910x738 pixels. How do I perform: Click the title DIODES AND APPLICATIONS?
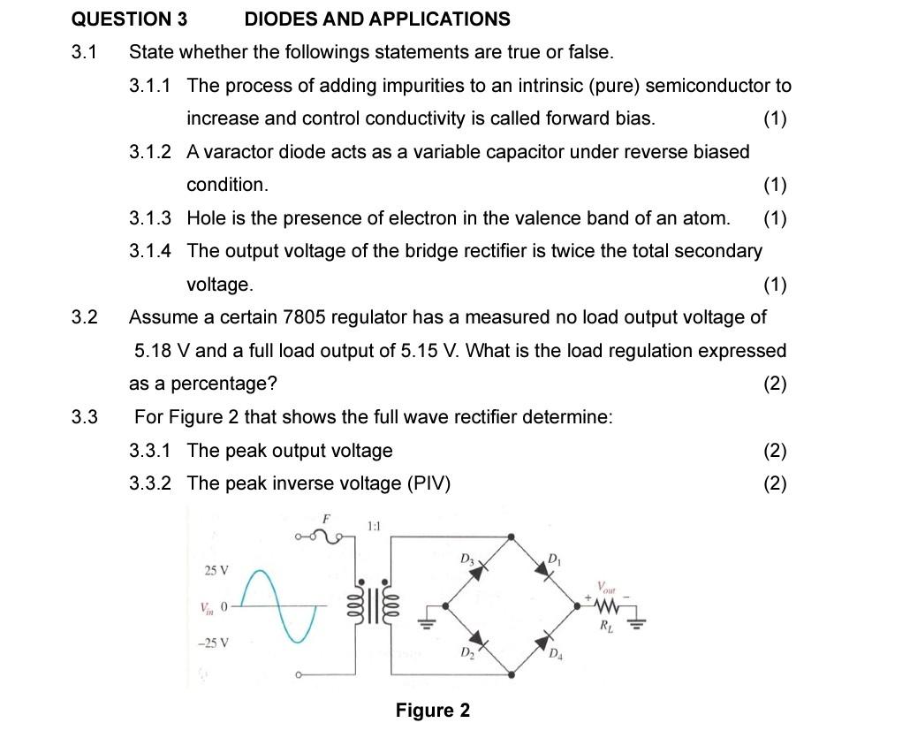[377, 19]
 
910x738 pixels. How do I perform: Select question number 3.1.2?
[150, 152]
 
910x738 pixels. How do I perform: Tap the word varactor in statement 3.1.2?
[239, 152]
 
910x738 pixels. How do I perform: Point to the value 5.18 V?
[162, 351]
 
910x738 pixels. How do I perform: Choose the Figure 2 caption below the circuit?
[433, 711]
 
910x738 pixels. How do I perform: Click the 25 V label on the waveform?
[216, 570]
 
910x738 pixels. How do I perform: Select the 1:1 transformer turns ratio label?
[372, 527]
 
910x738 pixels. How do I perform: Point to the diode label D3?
[467, 559]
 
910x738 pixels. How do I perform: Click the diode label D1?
[554, 559]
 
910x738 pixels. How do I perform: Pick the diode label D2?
[466, 654]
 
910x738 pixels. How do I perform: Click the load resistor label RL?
[606, 628]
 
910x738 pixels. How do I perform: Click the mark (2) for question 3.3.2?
[775, 483]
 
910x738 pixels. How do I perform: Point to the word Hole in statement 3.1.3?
[205, 218]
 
